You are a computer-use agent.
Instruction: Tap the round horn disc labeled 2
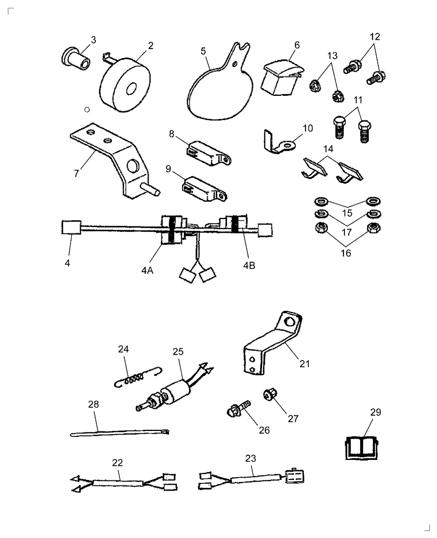pos(124,88)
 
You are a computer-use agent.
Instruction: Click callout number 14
pos(328,148)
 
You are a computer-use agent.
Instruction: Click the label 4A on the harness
pos(147,272)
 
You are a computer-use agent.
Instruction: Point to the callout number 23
pos(250,459)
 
